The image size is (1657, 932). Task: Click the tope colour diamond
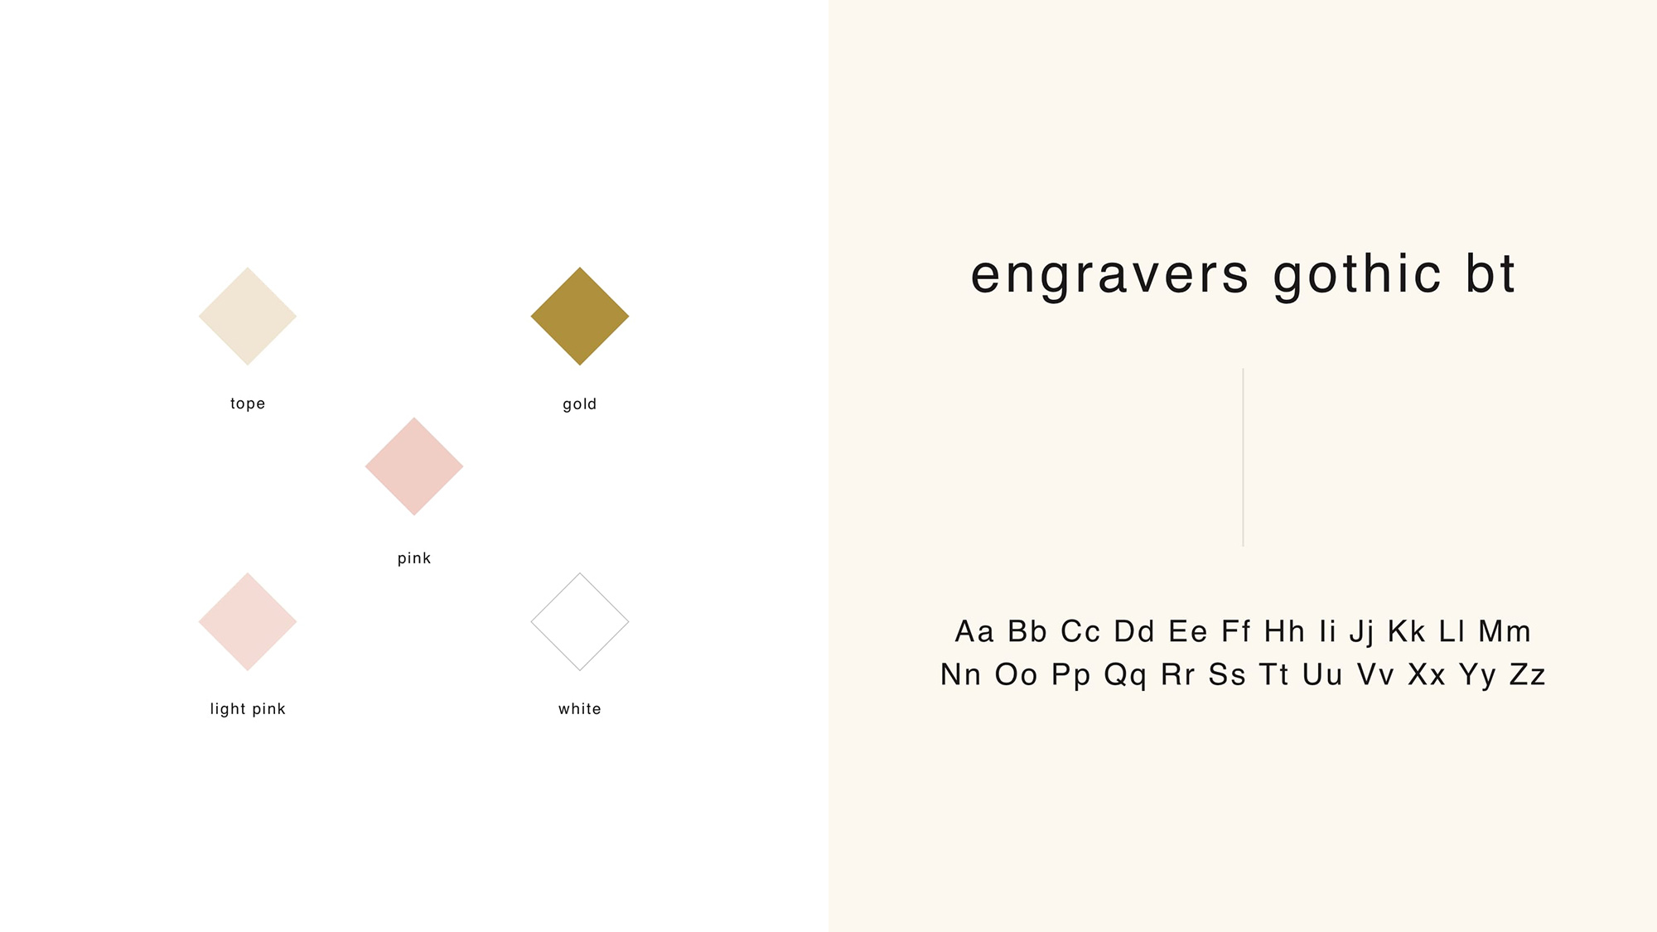[248, 316]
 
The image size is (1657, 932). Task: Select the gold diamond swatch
[580, 316]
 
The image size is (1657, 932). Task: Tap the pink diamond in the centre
[414, 466]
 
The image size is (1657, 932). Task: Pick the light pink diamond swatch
[248, 621]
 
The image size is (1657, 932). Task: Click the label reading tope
[248, 403]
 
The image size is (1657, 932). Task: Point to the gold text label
[580, 404]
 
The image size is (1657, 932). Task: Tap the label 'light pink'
[248, 709]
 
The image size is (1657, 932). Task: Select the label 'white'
[580, 709]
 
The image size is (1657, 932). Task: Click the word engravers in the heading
[1109, 275]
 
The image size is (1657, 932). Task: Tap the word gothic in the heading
[1358, 275]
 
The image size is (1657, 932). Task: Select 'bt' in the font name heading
[1490, 273]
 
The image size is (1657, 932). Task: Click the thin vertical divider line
[1243, 457]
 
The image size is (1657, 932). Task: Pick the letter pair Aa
[974, 631]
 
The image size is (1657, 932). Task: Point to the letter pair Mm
[1505, 631]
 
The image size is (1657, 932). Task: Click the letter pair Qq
[1125, 675]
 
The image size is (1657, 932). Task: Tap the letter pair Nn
[960, 674]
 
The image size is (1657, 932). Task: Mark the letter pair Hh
[1284, 631]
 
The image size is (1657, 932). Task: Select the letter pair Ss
[1227, 674]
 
